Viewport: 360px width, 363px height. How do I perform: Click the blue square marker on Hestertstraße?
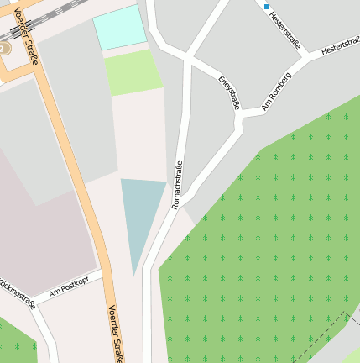268,7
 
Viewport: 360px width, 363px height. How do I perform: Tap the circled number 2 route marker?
3,49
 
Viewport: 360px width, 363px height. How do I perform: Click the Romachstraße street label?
177,184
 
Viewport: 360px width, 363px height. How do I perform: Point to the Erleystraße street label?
229,92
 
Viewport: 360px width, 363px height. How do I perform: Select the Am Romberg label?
276,91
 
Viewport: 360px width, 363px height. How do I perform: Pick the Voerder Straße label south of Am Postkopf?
114,333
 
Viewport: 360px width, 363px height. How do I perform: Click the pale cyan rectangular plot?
119,27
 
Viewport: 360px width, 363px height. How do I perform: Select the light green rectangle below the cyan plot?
133,72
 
